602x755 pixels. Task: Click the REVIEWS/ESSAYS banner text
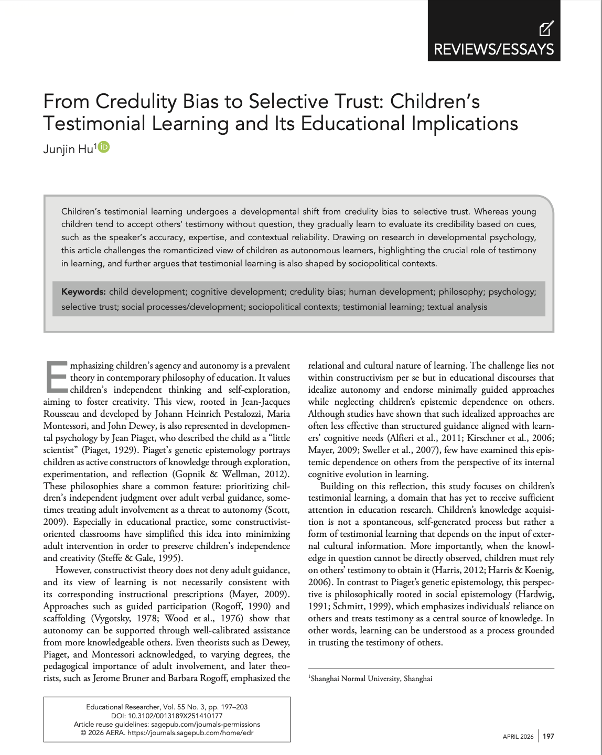point(493,49)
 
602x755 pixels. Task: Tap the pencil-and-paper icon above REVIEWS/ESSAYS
point(546,28)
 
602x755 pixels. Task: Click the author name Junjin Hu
point(68,149)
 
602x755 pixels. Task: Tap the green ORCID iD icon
point(104,147)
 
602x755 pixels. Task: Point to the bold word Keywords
point(83,292)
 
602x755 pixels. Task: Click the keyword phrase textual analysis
point(457,307)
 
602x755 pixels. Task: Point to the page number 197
point(548,736)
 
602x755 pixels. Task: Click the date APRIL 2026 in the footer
point(518,737)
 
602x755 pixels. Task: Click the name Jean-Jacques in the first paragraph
point(258,402)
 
